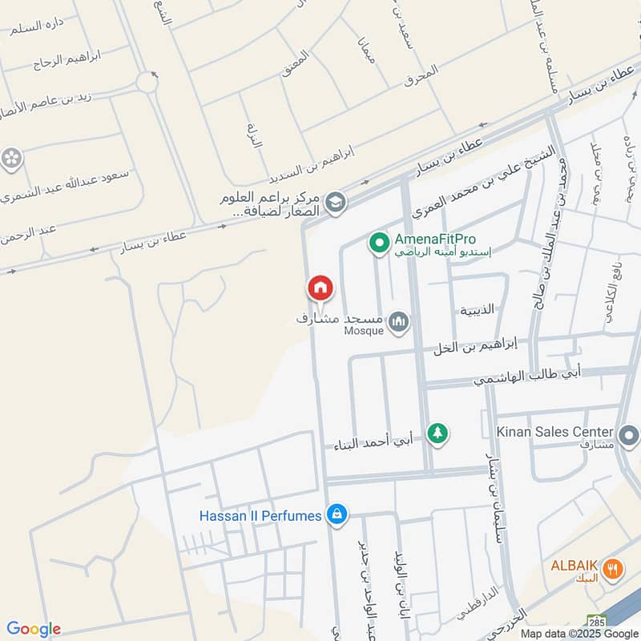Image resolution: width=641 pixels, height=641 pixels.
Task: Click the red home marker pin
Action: [320, 288]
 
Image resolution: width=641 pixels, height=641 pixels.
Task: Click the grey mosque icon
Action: [399, 322]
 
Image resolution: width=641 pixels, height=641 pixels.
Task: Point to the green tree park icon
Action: [436, 433]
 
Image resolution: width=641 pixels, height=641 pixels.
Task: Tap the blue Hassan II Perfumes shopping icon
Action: [337, 514]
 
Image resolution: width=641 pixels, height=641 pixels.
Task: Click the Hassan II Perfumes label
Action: [260, 515]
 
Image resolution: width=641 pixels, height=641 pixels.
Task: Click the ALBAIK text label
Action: [574, 565]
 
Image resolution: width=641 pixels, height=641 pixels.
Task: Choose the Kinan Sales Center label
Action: [554, 432]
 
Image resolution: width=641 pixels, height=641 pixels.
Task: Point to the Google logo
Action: [34, 629]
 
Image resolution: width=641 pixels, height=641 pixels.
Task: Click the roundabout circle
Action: [147, 81]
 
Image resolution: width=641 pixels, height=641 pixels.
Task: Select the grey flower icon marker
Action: [11, 158]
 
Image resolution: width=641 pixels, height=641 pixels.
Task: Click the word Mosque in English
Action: [364, 330]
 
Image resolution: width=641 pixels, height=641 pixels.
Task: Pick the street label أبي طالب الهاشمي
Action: [526, 373]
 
